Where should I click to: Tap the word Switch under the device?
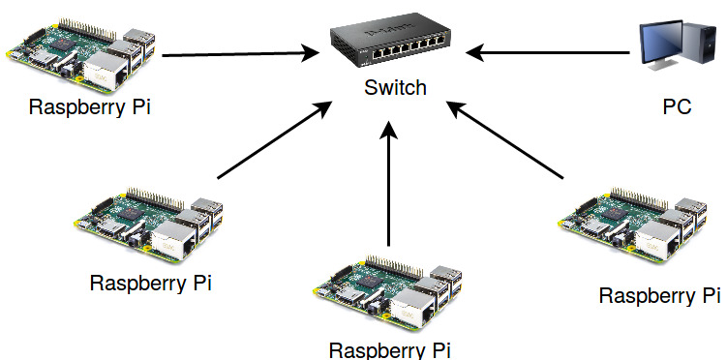pyautogui.click(x=395, y=87)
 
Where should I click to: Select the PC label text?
pyautogui.click(x=677, y=106)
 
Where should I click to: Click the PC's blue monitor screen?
pyautogui.click(x=661, y=42)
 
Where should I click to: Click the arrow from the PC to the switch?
pyautogui.click(x=548, y=52)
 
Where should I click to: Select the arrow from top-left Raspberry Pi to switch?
pyautogui.click(x=241, y=54)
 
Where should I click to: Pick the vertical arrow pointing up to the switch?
pyautogui.click(x=389, y=184)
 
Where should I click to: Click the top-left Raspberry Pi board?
pyautogui.click(x=81, y=56)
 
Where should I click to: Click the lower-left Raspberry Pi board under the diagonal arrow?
pyautogui.click(x=148, y=225)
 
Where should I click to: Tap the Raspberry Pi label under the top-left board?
pyautogui.click(x=90, y=107)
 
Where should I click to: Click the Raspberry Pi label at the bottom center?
pyautogui.click(x=389, y=350)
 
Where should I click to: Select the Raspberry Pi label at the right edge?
pyautogui.click(x=660, y=295)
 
